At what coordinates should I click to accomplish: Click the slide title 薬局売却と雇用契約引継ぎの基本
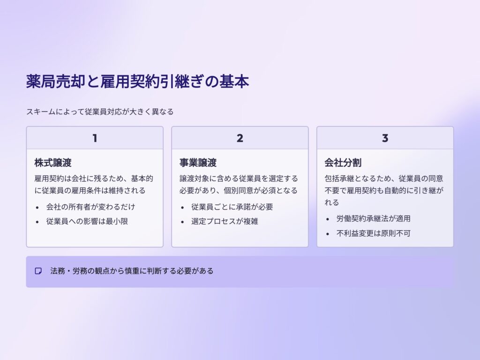click(137, 82)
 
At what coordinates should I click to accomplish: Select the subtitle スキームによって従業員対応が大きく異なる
click(100, 112)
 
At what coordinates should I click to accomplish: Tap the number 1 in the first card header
click(95, 138)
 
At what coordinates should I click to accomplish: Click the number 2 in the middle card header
click(240, 138)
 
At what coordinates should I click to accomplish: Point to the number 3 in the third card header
click(385, 138)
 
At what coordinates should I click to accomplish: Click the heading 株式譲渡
click(53, 163)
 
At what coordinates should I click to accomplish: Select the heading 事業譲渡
click(198, 163)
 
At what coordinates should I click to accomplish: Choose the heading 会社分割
click(343, 163)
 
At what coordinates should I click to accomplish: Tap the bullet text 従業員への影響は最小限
click(87, 221)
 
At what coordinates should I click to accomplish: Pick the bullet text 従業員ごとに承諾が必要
click(232, 207)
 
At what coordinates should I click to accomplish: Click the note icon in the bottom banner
click(38, 271)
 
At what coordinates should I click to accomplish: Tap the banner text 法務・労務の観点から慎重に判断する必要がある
click(132, 271)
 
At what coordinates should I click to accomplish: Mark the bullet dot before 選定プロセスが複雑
click(182, 222)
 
